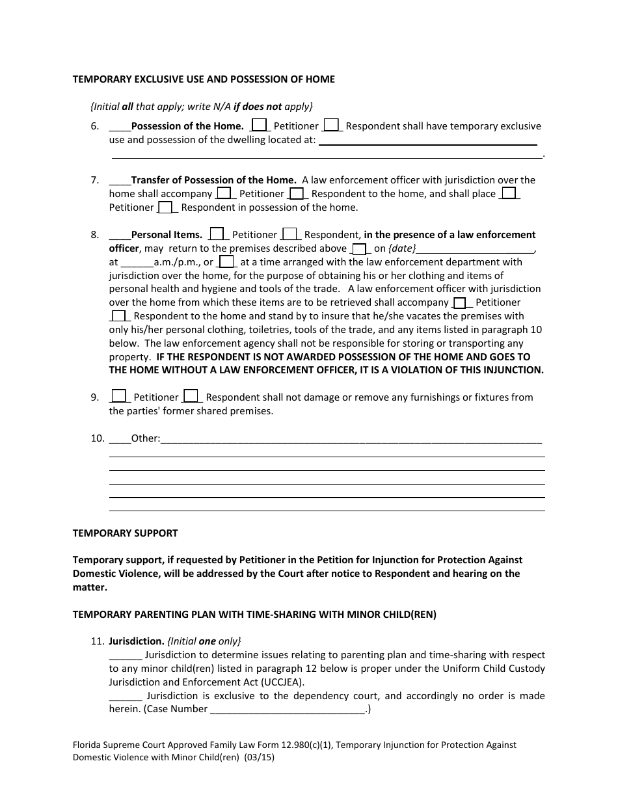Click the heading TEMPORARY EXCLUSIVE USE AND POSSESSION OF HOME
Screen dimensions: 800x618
pyautogui.click(x=204, y=79)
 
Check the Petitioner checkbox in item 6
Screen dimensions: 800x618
pyautogui.click(x=259, y=125)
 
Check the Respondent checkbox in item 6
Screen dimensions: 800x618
pyautogui.click(x=330, y=125)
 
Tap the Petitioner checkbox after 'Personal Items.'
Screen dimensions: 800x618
pyautogui.click(x=218, y=234)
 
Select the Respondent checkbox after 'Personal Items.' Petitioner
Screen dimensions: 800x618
pyautogui.click(x=290, y=234)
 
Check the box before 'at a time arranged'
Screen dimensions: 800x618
pyautogui.click(x=226, y=262)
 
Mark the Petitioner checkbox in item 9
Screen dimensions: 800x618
pyautogui.click(x=119, y=396)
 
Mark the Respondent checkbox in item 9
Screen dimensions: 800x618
pyautogui.click(x=191, y=396)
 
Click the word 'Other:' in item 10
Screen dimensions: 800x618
pyautogui.click(x=145, y=438)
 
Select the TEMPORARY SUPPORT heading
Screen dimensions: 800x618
pyautogui.click(x=125, y=533)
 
